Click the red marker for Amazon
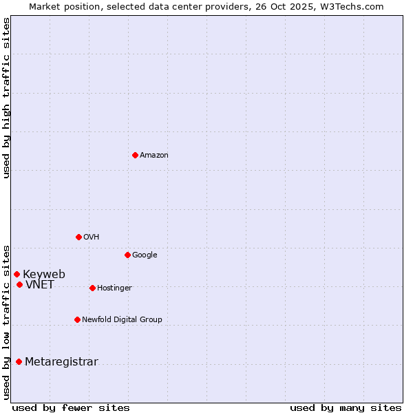click(x=135, y=155)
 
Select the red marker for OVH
click(x=78, y=237)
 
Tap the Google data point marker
click(x=127, y=255)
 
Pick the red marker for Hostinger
click(x=92, y=288)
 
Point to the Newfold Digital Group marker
click(x=77, y=319)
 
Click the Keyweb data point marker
click(x=17, y=274)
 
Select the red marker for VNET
click(x=19, y=284)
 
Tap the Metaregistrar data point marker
click(x=19, y=361)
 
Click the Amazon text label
click(x=154, y=155)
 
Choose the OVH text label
click(x=92, y=237)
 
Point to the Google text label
click(x=145, y=255)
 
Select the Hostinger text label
click(x=114, y=288)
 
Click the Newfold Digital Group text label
click(x=122, y=319)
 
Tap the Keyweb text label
click(x=44, y=274)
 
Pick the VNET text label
click(x=40, y=284)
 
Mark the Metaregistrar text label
click(x=61, y=361)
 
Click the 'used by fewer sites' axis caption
click(x=71, y=407)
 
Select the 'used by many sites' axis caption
click(x=346, y=407)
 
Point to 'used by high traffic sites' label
click(x=6, y=98)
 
